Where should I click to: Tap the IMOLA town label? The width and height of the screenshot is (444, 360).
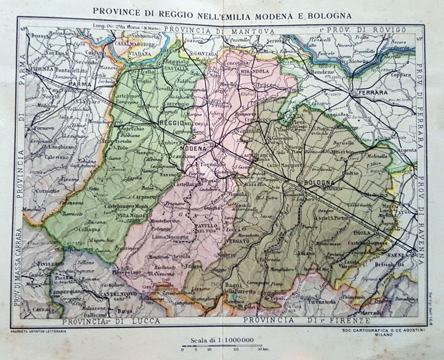click(362, 233)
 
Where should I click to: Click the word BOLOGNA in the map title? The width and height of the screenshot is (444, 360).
click(329, 16)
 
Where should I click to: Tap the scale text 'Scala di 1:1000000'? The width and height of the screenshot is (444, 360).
click(222, 340)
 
